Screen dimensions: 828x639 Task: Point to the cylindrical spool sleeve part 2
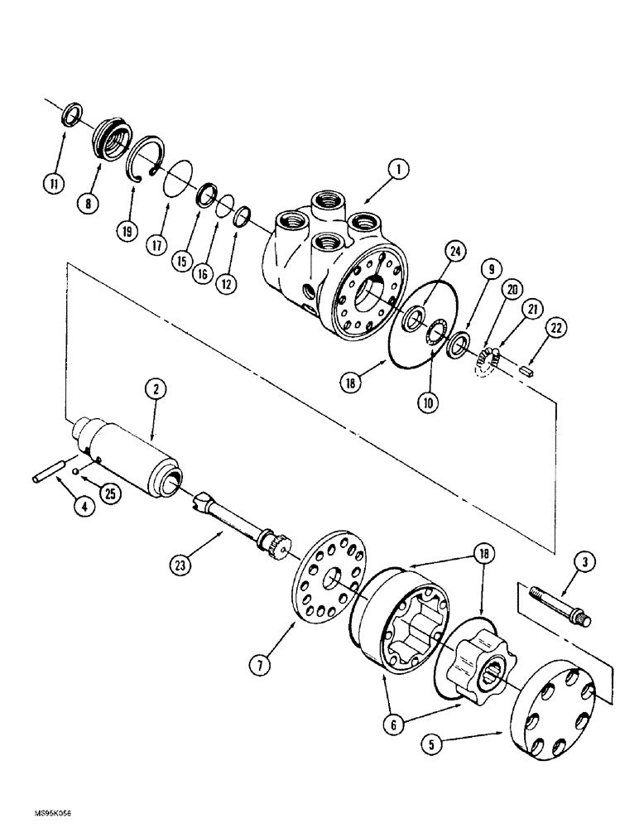click(x=132, y=454)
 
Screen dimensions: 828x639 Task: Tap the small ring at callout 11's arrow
click(x=73, y=113)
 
